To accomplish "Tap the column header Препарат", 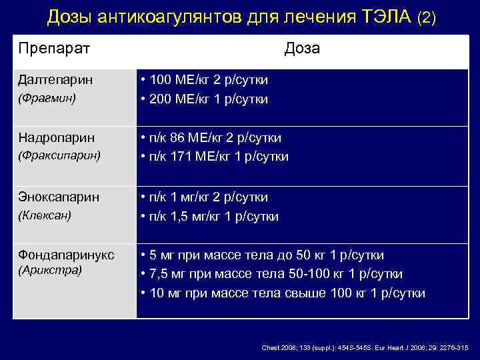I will point(55,48).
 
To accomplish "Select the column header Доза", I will point(301,48).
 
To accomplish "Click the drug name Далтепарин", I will point(55,80).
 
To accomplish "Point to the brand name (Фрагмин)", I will point(47,97).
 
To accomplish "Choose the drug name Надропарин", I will point(57,138).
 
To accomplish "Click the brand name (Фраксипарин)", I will point(59,155).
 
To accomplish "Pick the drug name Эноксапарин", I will point(59,197).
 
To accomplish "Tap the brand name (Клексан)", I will point(45,215).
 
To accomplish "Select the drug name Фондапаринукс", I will point(66,255).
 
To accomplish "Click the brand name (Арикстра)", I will point(50,270).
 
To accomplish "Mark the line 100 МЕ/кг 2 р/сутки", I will point(209,80).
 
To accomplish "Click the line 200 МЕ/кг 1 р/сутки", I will point(209,99).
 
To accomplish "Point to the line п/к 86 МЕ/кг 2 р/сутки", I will point(215,138).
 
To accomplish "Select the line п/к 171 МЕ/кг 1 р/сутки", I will point(219,157).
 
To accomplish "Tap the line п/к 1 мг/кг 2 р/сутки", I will point(209,197).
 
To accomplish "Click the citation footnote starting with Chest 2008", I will point(365,348).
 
